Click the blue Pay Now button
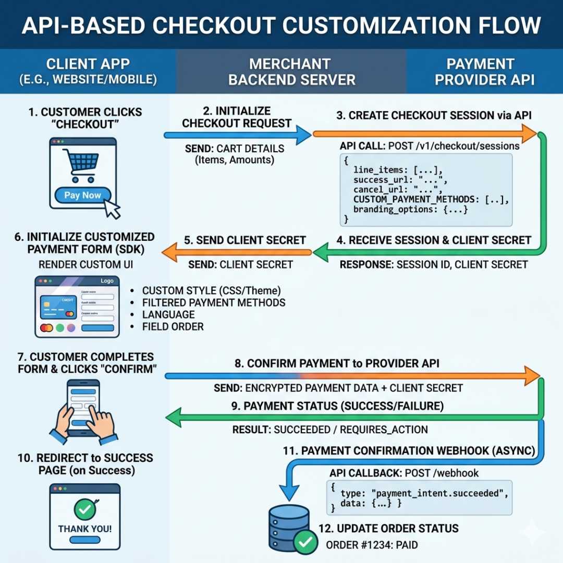(82, 195)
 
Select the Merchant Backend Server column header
(291, 72)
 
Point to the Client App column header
(88, 72)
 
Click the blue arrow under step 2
(238, 135)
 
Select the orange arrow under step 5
(237, 252)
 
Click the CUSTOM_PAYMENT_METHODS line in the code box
(431, 199)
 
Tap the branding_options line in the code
(411, 210)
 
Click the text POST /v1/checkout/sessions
(454, 146)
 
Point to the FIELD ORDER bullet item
(173, 327)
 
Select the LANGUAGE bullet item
(168, 315)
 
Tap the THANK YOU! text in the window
(84, 529)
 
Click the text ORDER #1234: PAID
(372, 545)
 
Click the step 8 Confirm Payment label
(337, 363)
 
